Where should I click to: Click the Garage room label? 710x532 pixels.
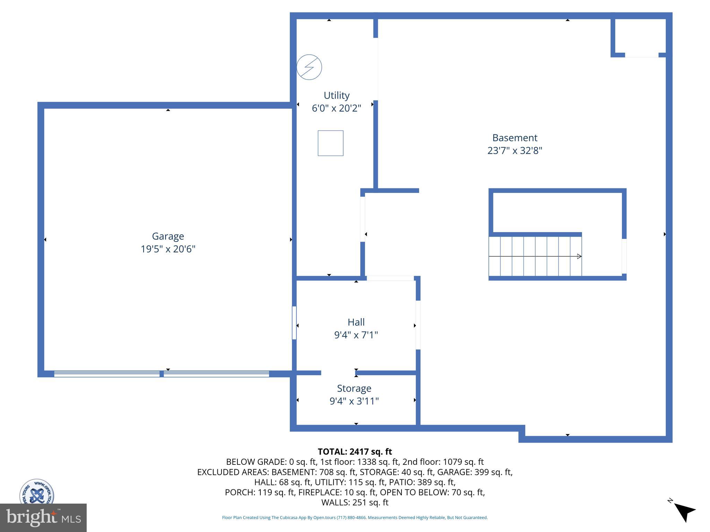pyautogui.click(x=168, y=236)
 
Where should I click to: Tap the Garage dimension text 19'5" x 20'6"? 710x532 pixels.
pyautogui.click(x=168, y=249)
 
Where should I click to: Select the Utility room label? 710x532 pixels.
pyautogui.click(x=336, y=95)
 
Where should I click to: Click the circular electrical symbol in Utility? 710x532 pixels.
pyautogui.click(x=309, y=67)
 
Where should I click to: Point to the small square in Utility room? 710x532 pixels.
pyautogui.click(x=330, y=143)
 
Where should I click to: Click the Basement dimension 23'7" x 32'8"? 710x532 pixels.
pyautogui.click(x=514, y=151)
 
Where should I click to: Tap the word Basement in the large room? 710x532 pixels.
pyautogui.click(x=514, y=138)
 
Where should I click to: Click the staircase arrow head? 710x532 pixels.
pyautogui.click(x=579, y=256)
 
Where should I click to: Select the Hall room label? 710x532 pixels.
pyautogui.click(x=356, y=322)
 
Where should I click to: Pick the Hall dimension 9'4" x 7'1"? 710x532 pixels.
pyautogui.click(x=356, y=335)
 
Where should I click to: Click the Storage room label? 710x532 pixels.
pyautogui.click(x=354, y=388)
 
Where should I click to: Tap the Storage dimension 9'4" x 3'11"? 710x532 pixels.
pyautogui.click(x=354, y=401)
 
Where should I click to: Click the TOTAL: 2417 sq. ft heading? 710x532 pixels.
pyautogui.click(x=355, y=452)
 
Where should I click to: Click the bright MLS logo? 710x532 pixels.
pyautogui.click(x=43, y=517)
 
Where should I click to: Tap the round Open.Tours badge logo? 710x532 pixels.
pyautogui.click(x=37, y=492)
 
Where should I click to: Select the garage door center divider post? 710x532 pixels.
pyautogui.click(x=162, y=374)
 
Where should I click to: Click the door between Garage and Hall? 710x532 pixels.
pyautogui.click(x=294, y=322)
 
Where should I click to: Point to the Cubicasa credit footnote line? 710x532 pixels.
pyautogui.click(x=355, y=517)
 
